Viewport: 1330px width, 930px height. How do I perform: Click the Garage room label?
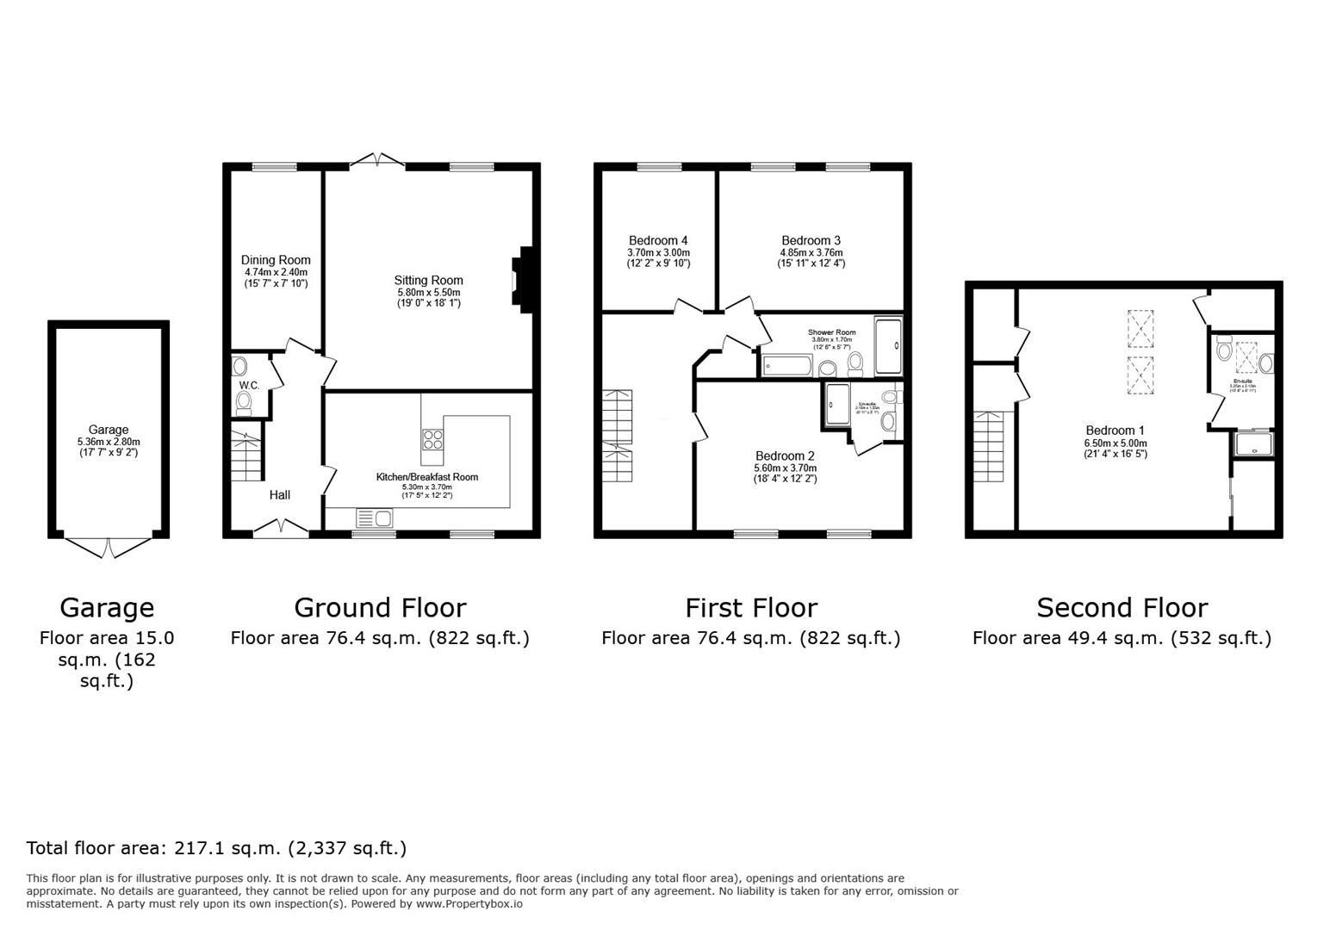pos(109,430)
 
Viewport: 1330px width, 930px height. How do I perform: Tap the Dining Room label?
pos(276,260)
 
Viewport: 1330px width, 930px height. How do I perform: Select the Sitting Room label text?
pos(428,280)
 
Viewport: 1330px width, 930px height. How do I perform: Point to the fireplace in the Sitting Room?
pos(522,278)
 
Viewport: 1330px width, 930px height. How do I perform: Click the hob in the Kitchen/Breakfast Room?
pos(432,440)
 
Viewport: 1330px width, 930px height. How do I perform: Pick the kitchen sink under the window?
pos(374,518)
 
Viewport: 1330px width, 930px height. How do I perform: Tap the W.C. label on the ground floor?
pos(249,385)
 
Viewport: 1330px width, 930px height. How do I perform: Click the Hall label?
pos(279,495)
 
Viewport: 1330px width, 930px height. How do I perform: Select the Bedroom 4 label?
pos(658,240)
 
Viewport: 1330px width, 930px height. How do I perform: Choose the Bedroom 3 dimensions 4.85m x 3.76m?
pos(811,252)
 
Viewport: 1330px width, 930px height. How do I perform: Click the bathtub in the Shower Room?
pos(786,367)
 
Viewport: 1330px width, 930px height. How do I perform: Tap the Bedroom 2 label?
pos(785,456)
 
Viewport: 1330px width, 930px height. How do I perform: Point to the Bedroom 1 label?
pos(1115,431)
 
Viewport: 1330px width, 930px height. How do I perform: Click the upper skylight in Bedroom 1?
pos(1139,327)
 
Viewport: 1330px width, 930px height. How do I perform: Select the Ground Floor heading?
pos(380,608)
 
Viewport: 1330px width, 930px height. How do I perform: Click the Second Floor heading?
pos(1122,608)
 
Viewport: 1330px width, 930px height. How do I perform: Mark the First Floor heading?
pos(750,608)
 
